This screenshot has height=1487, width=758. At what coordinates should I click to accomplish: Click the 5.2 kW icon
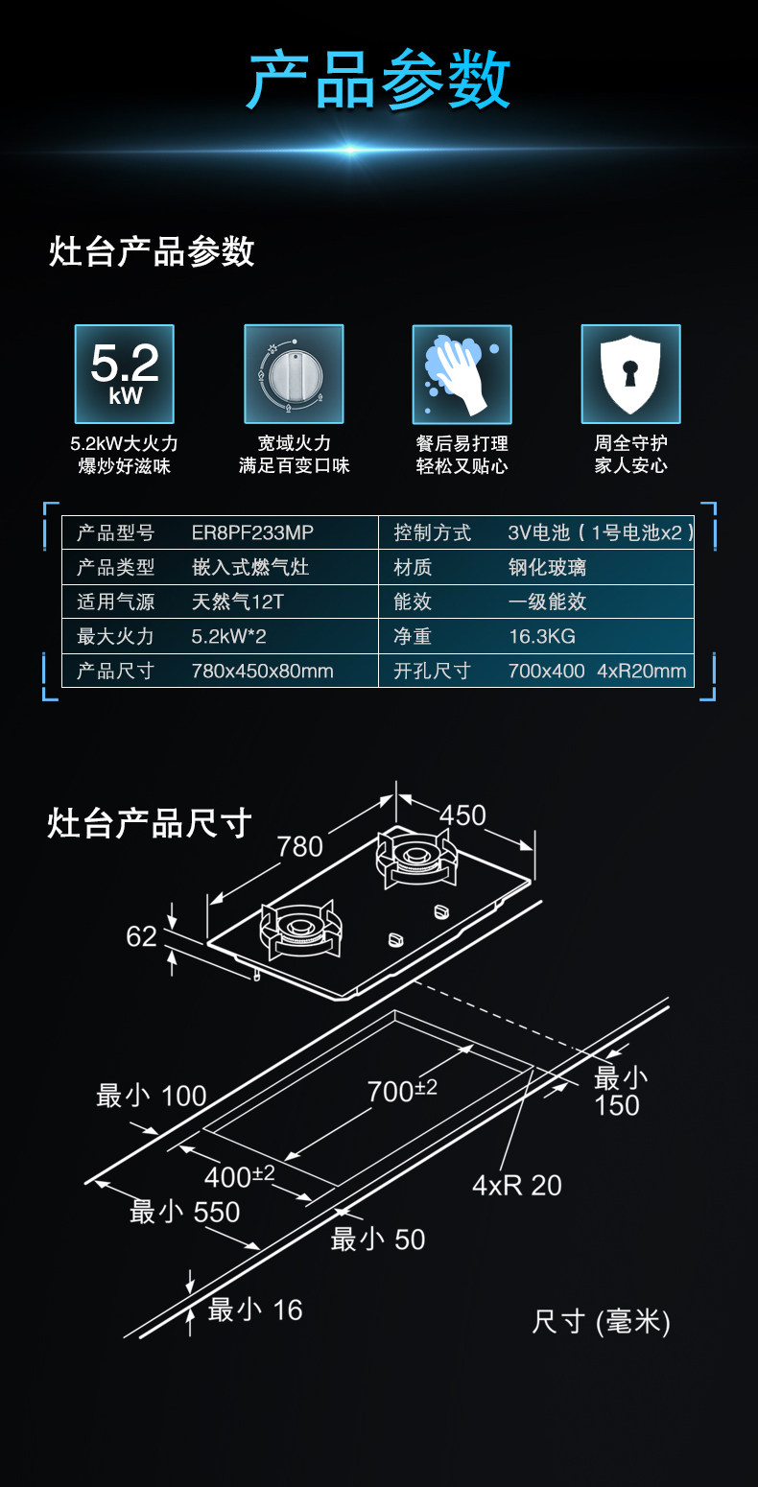click(125, 374)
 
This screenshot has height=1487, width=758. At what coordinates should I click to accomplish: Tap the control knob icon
click(294, 374)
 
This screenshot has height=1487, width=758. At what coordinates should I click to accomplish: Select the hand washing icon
click(462, 374)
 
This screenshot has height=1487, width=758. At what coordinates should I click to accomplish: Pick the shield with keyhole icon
click(630, 374)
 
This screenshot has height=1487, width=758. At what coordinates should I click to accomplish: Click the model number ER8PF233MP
click(252, 532)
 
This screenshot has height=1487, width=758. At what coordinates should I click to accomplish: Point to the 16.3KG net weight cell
click(542, 636)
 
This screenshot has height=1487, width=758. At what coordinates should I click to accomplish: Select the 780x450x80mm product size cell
click(262, 671)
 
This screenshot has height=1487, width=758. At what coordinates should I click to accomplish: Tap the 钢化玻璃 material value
click(547, 567)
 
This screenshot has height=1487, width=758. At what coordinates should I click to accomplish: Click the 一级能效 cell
click(547, 602)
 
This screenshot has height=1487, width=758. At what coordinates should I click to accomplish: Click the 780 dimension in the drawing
click(299, 846)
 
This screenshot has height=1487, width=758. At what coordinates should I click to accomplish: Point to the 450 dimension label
click(462, 814)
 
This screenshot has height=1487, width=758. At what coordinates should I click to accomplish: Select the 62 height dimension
click(141, 935)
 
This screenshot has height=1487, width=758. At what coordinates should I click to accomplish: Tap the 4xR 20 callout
click(516, 1185)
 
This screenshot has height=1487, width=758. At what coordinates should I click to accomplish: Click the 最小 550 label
click(185, 1212)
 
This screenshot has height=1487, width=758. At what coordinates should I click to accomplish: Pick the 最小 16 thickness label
click(255, 1310)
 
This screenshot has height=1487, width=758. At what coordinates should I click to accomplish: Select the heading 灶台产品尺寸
click(150, 823)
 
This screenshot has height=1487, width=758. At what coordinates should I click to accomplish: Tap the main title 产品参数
click(379, 81)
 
